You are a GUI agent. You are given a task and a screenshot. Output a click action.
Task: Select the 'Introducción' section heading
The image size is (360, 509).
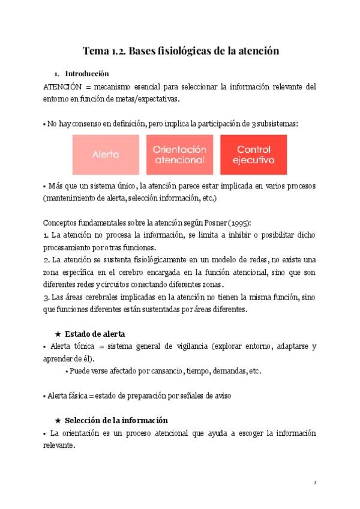(x=86, y=74)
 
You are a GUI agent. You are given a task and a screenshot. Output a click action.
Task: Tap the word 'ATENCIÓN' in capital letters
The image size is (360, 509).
(x=62, y=87)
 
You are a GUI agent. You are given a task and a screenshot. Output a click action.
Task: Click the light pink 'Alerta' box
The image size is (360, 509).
(x=106, y=154)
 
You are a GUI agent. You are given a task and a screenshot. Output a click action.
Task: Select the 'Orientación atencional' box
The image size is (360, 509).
(x=179, y=154)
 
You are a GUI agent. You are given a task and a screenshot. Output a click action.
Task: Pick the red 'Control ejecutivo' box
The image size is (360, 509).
(x=253, y=154)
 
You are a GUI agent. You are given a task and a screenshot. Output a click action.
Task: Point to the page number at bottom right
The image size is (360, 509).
(x=316, y=482)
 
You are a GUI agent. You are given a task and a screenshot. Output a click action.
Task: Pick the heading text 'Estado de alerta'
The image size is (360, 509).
(x=95, y=334)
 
